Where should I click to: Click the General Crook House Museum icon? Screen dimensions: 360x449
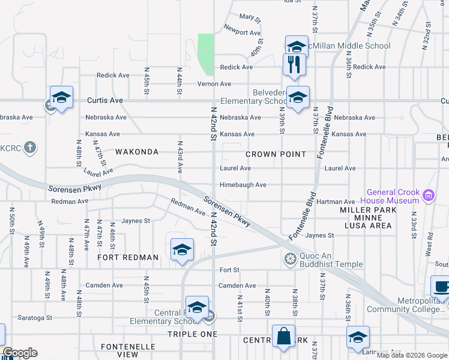coord(429,195)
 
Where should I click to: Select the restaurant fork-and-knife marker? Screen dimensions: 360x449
coord(294,64)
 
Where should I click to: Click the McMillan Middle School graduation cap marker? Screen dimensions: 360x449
coord(297,47)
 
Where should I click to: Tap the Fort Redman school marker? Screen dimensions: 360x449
coord(182,250)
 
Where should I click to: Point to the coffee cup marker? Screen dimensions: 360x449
coord(441,287)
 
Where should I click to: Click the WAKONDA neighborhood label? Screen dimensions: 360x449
coord(137,152)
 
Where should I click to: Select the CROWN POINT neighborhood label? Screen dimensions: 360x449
coord(276,154)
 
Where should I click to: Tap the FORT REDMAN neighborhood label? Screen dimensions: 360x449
coord(128,257)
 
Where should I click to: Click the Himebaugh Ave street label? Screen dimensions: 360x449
coord(243,185)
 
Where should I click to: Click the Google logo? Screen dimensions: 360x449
coord(20,353)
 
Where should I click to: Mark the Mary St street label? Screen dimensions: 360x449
coord(250,18)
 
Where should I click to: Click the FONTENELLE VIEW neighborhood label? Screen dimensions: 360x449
coord(128,350)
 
